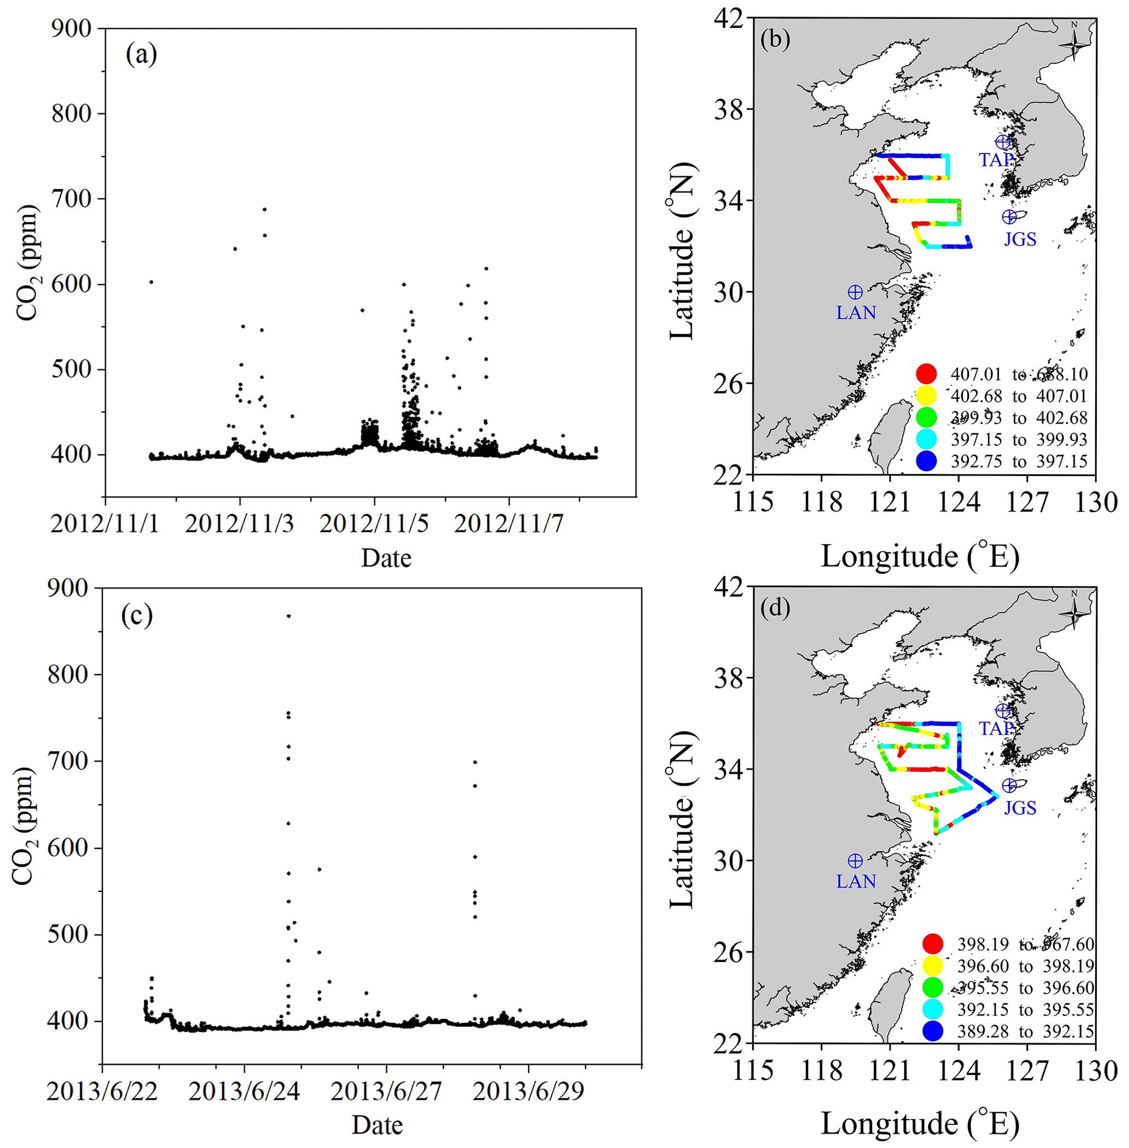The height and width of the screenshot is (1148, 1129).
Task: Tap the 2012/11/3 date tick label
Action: [239, 524]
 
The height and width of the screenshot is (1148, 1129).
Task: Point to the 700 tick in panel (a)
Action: [70, 199]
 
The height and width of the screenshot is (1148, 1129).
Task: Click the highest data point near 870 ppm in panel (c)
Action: [289, 616]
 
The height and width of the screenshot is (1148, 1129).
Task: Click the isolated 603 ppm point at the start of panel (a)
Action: [151, 282]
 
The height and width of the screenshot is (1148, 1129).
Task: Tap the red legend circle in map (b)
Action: [926, 374]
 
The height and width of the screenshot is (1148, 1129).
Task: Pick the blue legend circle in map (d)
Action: [933, 1031]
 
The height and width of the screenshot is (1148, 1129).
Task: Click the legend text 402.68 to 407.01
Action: [1019, 396]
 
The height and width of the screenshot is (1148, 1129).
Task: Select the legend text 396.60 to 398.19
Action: [1025, 966]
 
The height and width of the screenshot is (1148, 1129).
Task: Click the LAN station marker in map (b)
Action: [855, 292]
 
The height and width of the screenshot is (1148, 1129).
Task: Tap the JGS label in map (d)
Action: [1020, 808]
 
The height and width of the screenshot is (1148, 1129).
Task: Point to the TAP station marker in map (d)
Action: [1003, 711]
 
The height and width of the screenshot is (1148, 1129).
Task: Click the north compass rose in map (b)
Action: [1074, 43]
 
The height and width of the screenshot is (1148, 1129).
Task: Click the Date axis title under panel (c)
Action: [377, 1125]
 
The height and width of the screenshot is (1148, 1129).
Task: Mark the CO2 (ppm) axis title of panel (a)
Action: [27, 262]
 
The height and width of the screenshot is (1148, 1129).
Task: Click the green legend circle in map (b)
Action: [926, 417]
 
